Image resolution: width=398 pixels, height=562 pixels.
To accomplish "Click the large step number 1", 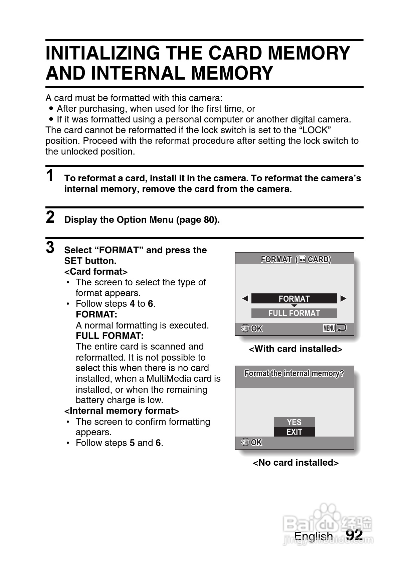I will (50, 176).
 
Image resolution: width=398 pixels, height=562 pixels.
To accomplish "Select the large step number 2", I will (50, 217).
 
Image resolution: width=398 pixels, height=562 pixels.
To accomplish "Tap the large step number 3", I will (50, 248).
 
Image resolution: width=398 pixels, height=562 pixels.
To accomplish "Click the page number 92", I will (354, 535).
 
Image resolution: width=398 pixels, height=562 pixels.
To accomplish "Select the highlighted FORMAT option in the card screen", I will (294, 298).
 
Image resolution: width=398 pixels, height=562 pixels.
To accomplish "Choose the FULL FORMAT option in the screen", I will (294, 313).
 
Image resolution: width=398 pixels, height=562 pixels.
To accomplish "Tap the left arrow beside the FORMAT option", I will (245, 298).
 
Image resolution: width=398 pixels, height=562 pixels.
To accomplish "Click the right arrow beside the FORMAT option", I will (343, 298).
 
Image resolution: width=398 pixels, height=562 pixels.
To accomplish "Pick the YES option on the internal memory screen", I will (294, 422).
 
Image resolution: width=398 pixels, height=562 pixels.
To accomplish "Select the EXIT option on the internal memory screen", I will (294, 432).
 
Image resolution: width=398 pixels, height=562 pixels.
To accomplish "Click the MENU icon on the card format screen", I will (329, 328).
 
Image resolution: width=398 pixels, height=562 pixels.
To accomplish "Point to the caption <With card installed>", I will (295, 349).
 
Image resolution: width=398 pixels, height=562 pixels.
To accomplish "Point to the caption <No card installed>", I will (295, 463).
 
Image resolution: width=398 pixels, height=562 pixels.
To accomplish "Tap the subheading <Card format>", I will (96, 271).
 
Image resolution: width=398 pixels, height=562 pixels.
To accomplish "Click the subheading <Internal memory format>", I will (122, 410).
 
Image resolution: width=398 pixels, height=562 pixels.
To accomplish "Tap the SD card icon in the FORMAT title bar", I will (303, 260).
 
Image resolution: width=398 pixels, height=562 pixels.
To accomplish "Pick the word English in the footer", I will (313, 536).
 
